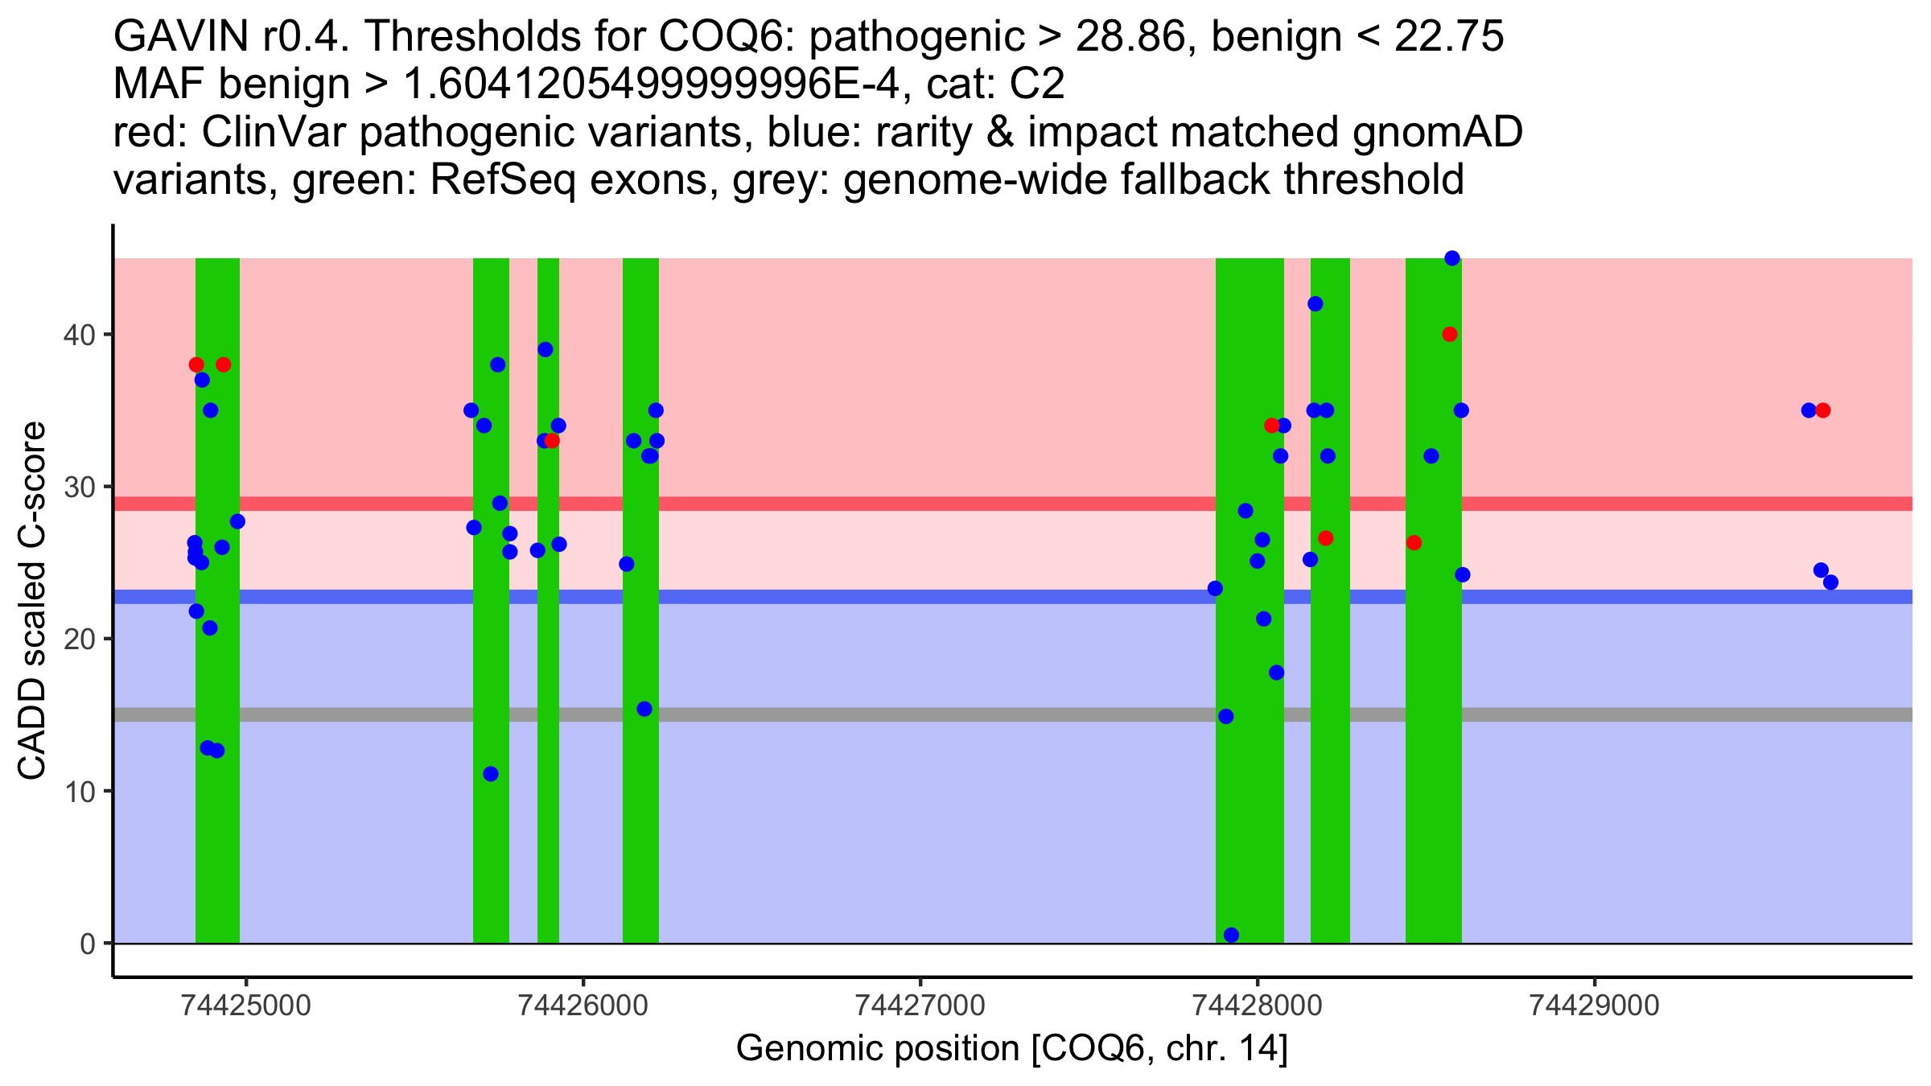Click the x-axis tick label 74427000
(920, 1006)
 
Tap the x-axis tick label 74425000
(246, 1006)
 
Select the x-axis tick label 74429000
(1594, 1006)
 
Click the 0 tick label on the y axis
(87, 944)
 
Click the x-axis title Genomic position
(1011, 1049)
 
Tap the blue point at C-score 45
(1452, 258)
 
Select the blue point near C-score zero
(1231, 935)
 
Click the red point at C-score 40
(1450, 335)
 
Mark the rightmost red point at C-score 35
(1823, 410)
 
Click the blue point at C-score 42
(1315, 304)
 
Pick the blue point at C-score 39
(546, 349)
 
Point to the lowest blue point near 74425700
(491, 774)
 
